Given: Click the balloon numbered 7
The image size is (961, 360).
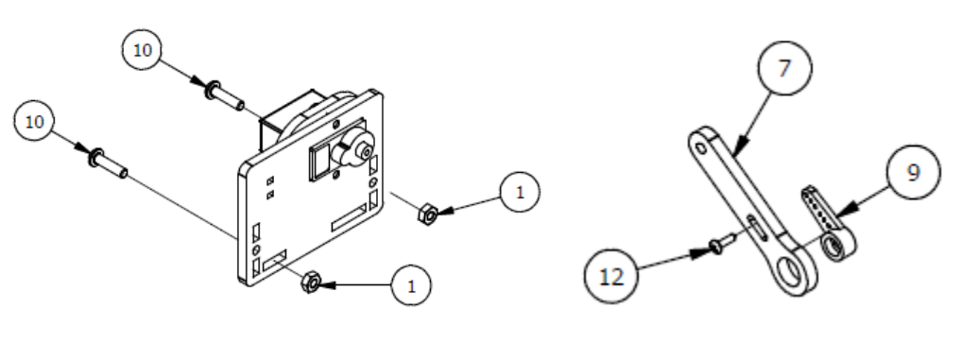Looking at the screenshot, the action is (784, 68).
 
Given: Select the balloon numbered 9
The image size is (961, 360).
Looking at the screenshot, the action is (913, 172).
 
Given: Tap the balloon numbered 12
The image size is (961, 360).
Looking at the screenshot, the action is (611, 277).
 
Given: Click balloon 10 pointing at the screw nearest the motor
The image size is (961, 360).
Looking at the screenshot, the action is (142, 50).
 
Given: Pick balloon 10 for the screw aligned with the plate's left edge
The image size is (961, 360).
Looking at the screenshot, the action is (34, 122).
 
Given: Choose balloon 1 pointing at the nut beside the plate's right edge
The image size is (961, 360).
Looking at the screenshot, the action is (520, 192).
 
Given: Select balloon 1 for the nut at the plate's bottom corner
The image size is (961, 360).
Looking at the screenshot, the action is (411, 285).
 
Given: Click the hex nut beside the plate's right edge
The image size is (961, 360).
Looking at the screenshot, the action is (427, 214).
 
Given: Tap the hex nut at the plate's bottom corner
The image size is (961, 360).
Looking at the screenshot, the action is (311, 283).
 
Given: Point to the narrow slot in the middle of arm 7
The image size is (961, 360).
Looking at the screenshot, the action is (755, 227).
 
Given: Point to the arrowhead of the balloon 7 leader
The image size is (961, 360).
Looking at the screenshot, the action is (739, 146).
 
